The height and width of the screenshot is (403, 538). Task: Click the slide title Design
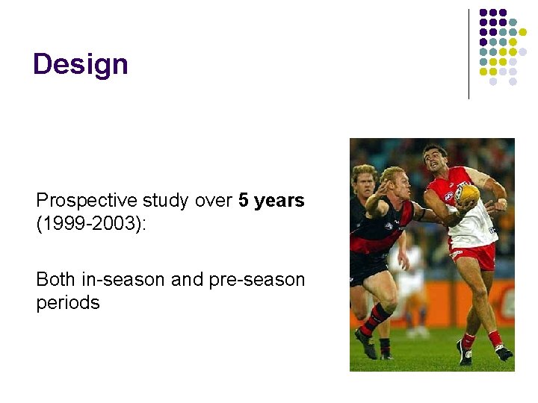pos(81,64)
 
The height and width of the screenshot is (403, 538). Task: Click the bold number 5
pos(244,201)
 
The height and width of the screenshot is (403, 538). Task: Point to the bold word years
pos(279,201)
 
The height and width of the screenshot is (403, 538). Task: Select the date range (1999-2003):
pos(92,224)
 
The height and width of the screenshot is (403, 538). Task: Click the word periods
pos(68,303)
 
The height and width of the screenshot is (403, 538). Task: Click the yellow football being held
pos(469,196)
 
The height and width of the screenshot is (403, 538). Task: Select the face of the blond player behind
pos(364,183)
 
